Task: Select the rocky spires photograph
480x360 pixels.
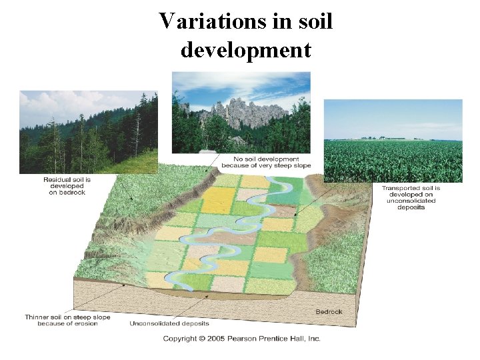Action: (x=241, y=113)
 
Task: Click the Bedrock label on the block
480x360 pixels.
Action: (x=329, y=311)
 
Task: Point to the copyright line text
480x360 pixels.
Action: (x=242, y=339)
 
